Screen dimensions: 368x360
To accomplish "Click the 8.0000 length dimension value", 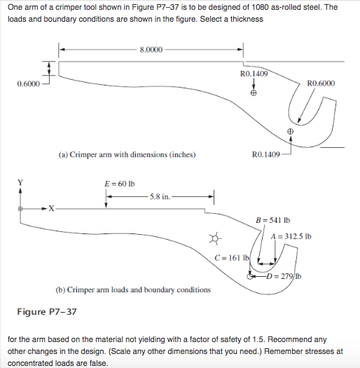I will [151, 50].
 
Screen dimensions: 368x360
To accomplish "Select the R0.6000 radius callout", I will [321, 83].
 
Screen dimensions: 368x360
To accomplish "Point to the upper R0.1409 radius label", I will [254, 73].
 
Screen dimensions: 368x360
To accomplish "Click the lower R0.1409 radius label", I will [265, 154].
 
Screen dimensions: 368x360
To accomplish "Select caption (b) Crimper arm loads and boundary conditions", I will [132, 289].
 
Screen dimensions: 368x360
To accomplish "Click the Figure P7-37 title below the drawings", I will [47, 311].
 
